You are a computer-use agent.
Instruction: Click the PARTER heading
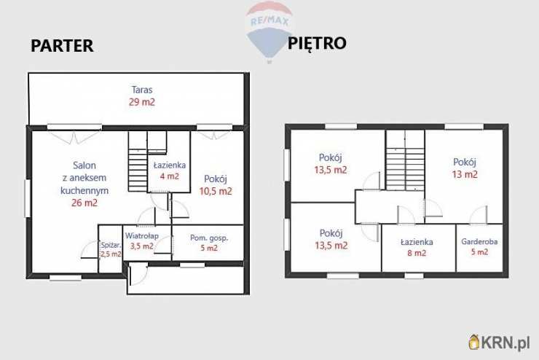62,46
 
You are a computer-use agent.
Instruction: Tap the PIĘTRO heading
317,44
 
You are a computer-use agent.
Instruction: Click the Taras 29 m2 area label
142,96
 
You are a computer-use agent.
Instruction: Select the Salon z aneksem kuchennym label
84,178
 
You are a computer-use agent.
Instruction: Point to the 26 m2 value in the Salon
84,203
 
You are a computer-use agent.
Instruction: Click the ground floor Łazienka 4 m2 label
170,171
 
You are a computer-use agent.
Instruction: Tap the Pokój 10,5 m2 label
216,185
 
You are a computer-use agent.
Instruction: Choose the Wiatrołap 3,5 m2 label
141,241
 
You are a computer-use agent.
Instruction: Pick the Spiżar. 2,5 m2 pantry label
111,250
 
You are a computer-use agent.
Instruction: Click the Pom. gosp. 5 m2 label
209,243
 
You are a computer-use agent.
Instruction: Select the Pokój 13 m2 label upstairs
465,168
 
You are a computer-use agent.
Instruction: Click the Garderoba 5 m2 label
479,246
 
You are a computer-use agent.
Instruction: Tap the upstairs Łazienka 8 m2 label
417,248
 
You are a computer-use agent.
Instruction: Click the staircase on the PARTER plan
138,161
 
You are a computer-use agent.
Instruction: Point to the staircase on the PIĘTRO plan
405,160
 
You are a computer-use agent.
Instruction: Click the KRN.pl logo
499,343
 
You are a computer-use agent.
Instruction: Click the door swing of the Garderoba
479,215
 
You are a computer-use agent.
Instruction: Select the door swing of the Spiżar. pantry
90,250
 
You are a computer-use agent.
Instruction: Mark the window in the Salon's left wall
28,198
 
